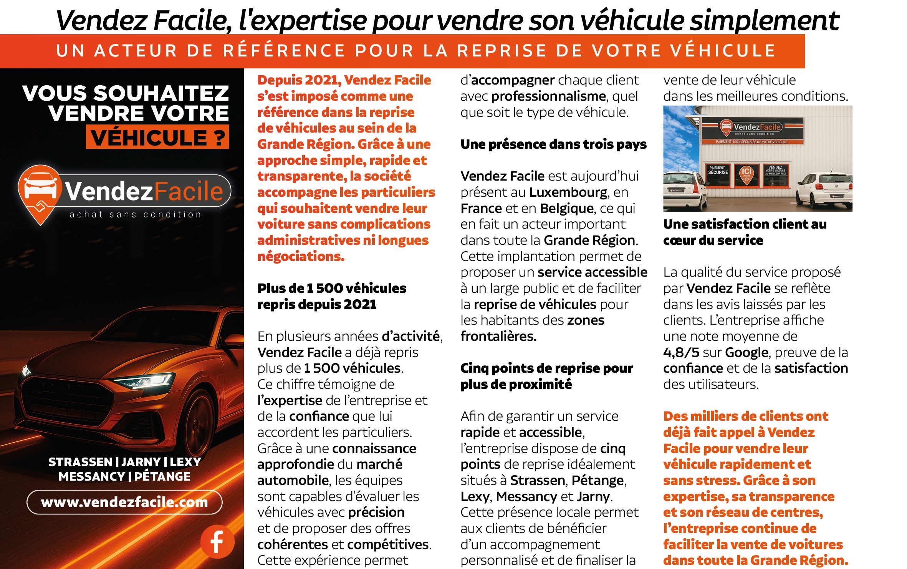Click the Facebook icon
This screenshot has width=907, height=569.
pos(217,541)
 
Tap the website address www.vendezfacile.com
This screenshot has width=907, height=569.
pos(124,502)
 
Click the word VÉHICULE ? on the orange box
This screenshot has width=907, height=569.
pos(157,138)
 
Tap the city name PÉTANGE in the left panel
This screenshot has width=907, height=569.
pos(162,477)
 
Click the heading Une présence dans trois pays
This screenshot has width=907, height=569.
pos(553,144)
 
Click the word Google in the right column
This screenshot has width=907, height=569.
pos(746,352)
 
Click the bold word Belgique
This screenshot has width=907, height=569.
pos(567,208)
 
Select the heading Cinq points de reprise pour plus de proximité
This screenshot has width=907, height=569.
pos(546,376)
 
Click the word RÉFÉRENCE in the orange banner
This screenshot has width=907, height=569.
pos(284,51)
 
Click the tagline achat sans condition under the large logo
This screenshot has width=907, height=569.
pos(135,214)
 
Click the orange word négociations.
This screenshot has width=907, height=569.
pos(301,256)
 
